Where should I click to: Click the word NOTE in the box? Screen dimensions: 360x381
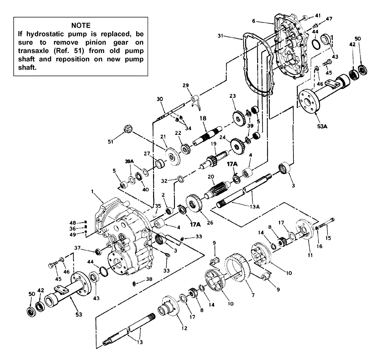[x=81, y=26]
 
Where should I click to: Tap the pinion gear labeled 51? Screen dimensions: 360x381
[x=127, y=130]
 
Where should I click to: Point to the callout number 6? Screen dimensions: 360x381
[x=254, y=21]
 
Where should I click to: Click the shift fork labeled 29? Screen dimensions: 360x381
[x=195, y=102]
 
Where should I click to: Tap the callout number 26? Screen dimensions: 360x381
[x=210, y=222]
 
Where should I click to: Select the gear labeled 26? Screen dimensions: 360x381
[x=194, y=204]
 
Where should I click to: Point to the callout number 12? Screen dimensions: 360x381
[x=184, y=328]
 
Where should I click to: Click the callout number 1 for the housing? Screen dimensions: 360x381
[x=92, y=192]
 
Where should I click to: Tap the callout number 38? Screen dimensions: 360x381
[x=149, y=279]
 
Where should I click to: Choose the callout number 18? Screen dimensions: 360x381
[x=203, y=118]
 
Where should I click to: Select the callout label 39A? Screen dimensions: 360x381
[x=130, y=161]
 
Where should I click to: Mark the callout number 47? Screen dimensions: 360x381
[x=329, y=19]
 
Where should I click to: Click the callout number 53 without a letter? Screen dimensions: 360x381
[x=79, y=314]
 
